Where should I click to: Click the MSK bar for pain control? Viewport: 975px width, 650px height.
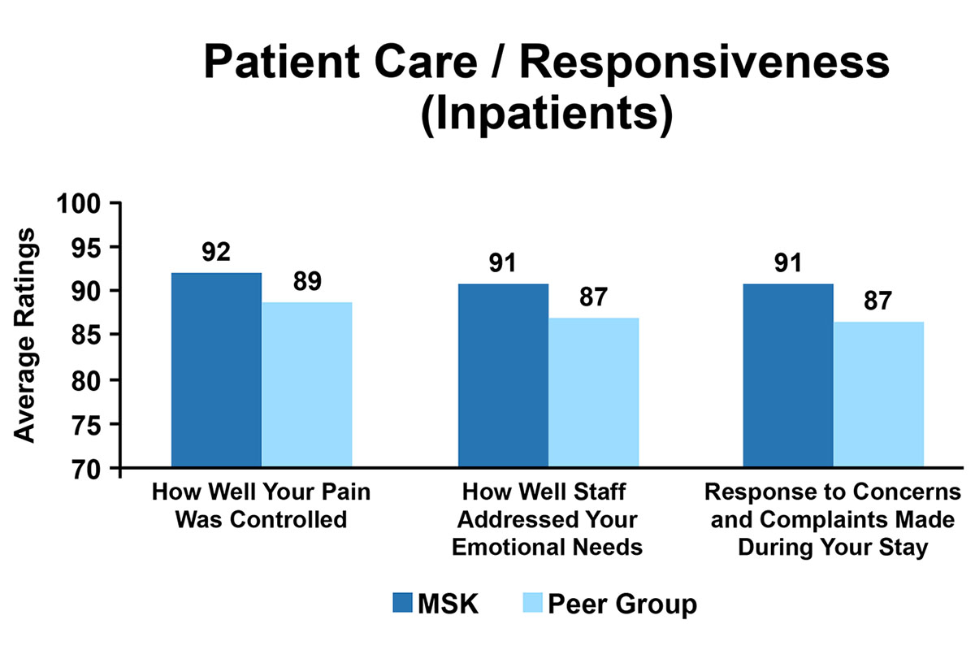coord(216,370)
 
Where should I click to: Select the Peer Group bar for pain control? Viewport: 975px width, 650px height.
coord(306,385)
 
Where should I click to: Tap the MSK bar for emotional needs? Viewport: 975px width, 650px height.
coord(503,376)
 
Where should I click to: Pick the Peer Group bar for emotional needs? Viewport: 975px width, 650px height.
coord(593,393)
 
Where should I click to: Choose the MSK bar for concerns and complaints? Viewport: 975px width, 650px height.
coord(788,376)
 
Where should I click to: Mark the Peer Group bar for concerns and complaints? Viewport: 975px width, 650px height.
coord(878,395)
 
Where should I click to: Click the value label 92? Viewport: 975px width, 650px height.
coord(216,252)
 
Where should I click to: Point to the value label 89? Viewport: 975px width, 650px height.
coord(306,281)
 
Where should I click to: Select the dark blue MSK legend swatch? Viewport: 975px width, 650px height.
coord(403,603)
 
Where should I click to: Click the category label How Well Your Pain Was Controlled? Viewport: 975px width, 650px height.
coord(262,505)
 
